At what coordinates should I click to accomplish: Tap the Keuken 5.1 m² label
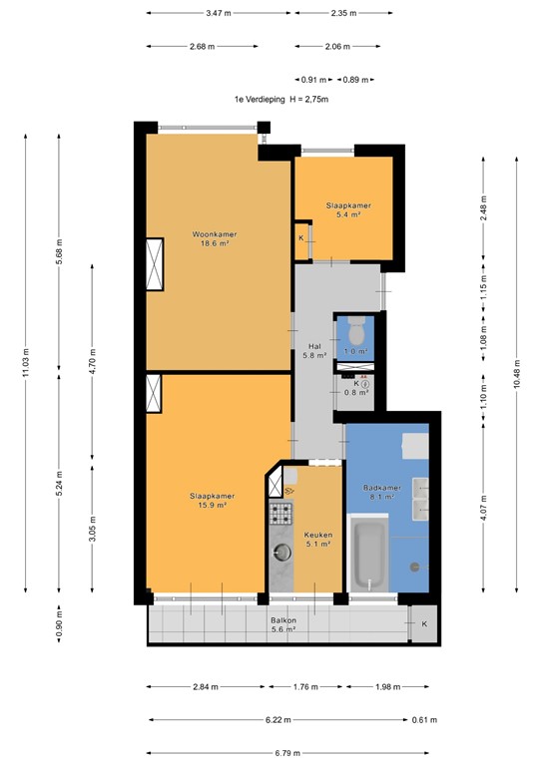[318, 540]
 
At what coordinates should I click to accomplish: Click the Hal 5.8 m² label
[314, 351]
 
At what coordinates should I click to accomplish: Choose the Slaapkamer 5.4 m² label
[342, 209]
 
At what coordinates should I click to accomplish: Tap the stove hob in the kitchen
[280, 516]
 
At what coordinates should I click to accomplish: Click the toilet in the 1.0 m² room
[356, 329]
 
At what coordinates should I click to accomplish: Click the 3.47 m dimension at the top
[219, 13]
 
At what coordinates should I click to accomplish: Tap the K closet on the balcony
[422, 624]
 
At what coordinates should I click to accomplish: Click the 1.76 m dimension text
[304, 686]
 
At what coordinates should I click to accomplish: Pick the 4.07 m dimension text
[483, 509]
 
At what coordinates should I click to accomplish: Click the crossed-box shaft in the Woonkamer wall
[155, 264]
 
